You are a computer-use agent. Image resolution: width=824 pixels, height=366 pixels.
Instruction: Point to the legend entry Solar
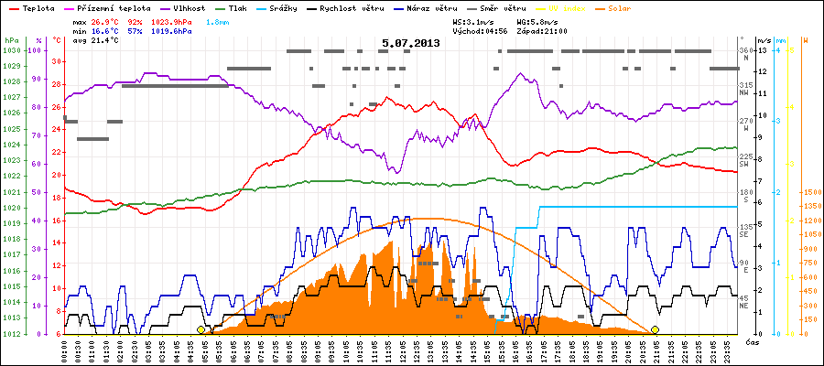633,8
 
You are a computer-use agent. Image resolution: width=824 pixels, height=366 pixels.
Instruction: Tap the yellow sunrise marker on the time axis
201,329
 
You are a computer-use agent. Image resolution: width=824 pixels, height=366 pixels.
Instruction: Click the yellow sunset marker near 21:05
655,329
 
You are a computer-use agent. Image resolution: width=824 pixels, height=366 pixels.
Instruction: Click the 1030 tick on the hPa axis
11,50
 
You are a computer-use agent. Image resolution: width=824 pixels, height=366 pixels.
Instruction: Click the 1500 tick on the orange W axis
810,193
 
